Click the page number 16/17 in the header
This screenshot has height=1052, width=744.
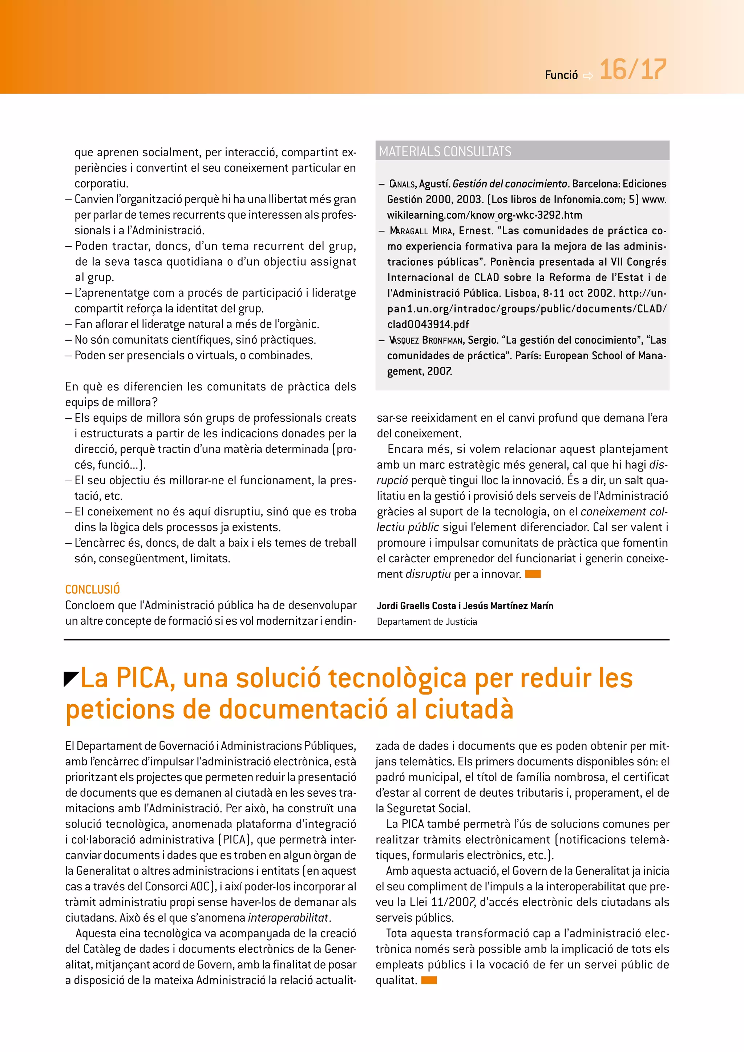coord(633,70)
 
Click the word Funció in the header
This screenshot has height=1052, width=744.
coord(561,75)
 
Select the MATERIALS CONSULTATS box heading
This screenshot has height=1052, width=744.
coord(445,151)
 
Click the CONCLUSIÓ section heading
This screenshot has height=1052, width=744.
coord(93,589)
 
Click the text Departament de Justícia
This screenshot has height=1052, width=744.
coord(426,622)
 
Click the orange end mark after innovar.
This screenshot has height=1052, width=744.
coord(533,574)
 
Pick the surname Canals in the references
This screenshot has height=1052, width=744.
coord(402,184)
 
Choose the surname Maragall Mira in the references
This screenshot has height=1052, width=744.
coord(421,231)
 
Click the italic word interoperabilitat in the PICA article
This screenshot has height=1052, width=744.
coord(288,918)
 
